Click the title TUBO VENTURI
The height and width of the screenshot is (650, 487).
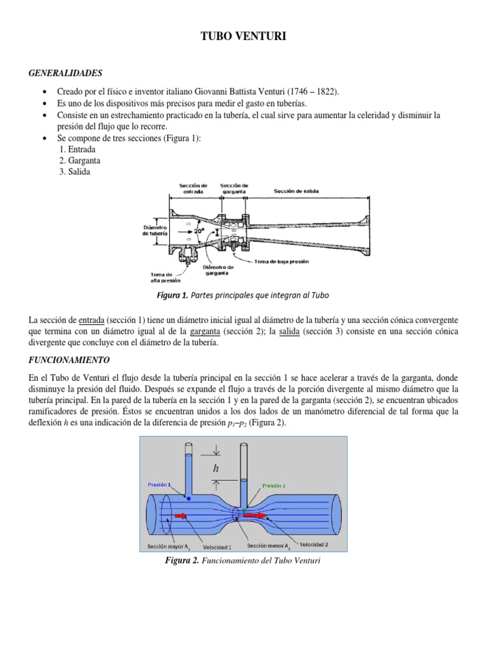coord(243,38)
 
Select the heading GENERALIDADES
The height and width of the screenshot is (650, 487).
coord(65,74)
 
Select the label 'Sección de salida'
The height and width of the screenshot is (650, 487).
coord(296,191)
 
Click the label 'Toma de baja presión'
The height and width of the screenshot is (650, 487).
coord(282,261)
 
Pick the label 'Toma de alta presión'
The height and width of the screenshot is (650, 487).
coord(165,277)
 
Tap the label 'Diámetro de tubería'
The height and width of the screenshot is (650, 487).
coord(155,230)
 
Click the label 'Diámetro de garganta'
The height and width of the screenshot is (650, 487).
coord(219,270)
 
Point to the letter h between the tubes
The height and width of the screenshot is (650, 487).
coord(216,469)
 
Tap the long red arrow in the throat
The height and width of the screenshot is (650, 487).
coord(255,516)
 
